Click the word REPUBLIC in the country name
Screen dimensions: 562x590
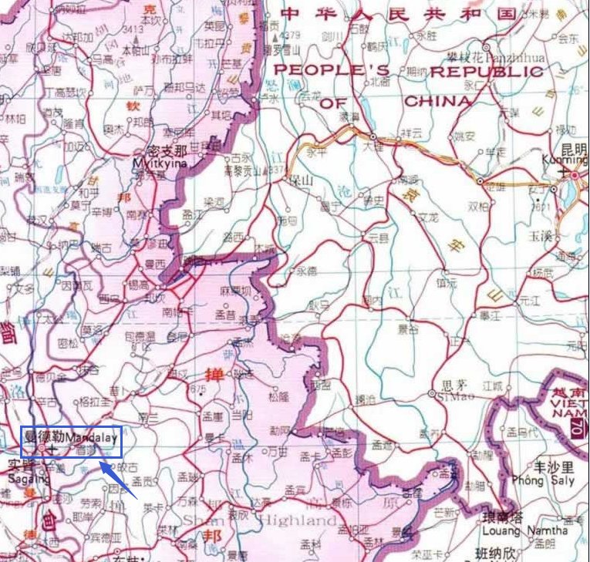click(486, 72)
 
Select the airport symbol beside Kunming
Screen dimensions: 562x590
click(573, 175)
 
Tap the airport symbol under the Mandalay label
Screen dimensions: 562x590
click(51, 448)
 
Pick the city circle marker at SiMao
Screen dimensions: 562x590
click(430, 394)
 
